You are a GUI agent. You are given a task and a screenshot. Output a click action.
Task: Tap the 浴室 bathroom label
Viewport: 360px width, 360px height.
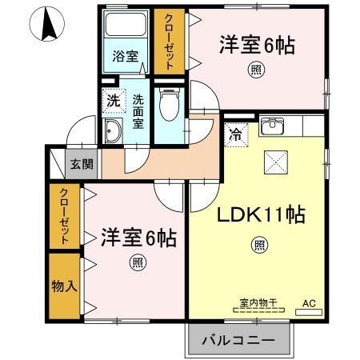pos(126,57)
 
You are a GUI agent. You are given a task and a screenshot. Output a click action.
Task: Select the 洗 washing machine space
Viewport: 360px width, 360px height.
pos(113,102)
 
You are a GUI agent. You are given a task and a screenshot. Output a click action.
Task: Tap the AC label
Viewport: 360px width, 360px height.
pos(309,303)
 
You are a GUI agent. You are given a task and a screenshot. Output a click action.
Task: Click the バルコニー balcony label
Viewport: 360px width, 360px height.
pos(238,339)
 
